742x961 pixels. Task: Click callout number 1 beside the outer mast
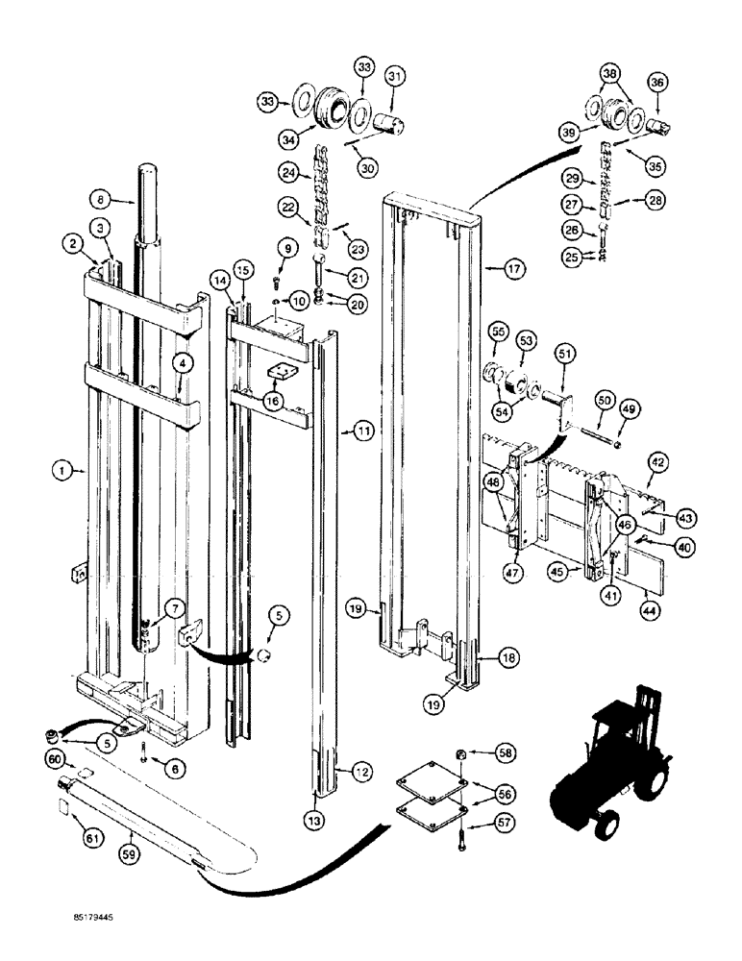61,470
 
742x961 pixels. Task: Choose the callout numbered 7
174,607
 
